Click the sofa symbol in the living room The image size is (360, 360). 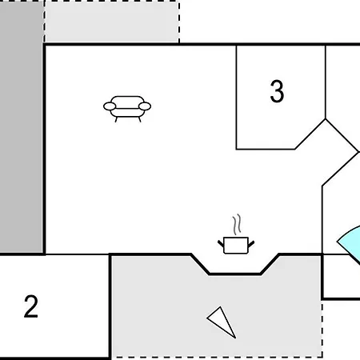(127, 109)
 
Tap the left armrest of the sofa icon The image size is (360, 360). (110, 106)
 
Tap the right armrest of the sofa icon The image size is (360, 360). (145, 106)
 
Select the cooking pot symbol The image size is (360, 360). (236, 234)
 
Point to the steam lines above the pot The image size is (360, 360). (237, 224)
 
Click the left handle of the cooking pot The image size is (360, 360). (221, 244)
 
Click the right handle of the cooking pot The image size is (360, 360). (251, 244)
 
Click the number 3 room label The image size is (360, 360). (277, 91)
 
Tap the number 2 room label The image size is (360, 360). (31, 306)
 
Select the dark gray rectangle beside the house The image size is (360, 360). (22, 126)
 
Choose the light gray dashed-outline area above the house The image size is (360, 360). (112, 22)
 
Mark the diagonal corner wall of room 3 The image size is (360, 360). (310, 134)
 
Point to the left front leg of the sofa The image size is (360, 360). (116, 120)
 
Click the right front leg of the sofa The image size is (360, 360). (139, 120)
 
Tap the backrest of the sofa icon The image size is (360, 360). (127, 100)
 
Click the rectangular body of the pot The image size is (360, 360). (236, 246)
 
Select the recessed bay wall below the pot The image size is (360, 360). (235, 274)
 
